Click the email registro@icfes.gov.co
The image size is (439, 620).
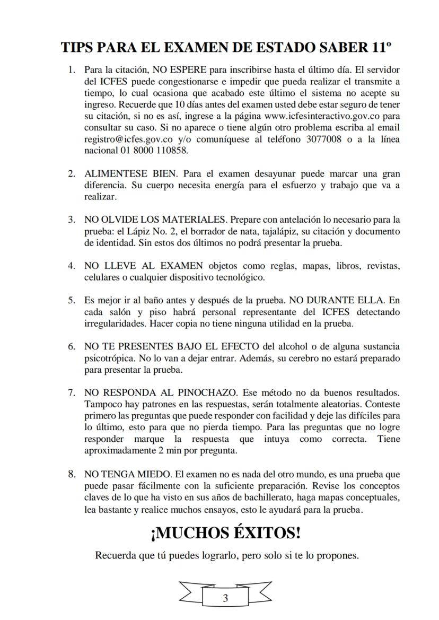point(129,139)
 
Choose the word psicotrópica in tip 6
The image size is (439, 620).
point(109,359)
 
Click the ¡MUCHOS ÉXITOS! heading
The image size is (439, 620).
point(226,532)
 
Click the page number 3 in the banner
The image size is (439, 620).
point(225,598)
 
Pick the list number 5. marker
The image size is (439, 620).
point(72,301)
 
